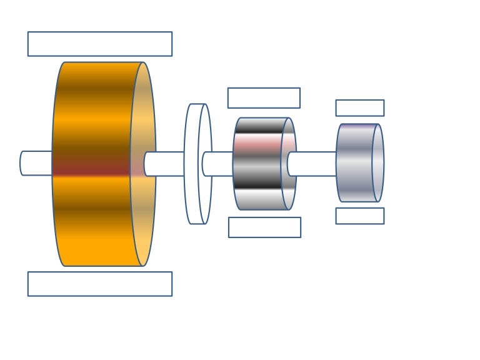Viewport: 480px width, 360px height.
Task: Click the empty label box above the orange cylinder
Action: click(100, 44)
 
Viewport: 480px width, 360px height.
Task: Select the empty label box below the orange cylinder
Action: click(100, 284)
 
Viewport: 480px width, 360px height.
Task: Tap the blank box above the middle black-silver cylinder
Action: click(264, 98)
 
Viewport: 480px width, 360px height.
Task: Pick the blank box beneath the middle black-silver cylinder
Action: click(264, 227)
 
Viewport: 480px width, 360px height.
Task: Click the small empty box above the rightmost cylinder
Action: click(359, 108)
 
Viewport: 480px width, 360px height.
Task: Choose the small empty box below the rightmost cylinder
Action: click(359, 216)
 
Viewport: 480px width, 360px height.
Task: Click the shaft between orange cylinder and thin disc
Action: click(165, 164)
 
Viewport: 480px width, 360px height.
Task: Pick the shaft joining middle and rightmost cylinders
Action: click(312, 164)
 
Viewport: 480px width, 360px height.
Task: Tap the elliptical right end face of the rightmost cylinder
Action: click(378, 163)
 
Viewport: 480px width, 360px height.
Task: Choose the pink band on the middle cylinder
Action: click(257, 143)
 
